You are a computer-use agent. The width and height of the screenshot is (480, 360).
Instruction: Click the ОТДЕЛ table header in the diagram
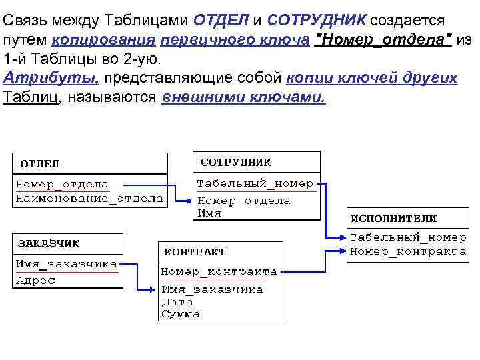click(x=40, y=163)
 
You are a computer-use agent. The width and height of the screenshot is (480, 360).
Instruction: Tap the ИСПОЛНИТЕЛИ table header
click(x=393, y=218)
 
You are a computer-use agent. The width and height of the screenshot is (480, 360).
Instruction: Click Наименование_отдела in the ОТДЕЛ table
click(x=89, y=198)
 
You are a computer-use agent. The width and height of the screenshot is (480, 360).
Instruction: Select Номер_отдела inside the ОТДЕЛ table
click(x=62, y=184)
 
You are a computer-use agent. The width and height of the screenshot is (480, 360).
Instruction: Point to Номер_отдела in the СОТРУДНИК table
click(x=244, y=201)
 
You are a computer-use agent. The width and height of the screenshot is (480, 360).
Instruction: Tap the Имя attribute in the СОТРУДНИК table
click(x=209, y=214)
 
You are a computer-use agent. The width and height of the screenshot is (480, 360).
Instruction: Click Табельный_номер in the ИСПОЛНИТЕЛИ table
click(x=408, y=237)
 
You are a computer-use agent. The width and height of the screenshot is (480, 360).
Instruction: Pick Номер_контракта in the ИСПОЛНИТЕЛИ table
click(x=408, y=251)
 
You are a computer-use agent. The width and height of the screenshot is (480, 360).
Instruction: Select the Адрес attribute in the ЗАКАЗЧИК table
click(x=36, y=280)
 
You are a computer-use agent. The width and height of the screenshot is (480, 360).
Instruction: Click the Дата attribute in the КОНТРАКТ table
click(x=177, y=302)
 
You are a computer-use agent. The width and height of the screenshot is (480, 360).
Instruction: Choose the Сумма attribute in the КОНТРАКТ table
click(x=181, y=314)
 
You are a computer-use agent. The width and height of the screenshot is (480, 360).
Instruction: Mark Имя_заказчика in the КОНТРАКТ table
click(x=213, y=290)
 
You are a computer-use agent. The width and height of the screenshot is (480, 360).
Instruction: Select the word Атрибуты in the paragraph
click(x=51, y=78)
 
